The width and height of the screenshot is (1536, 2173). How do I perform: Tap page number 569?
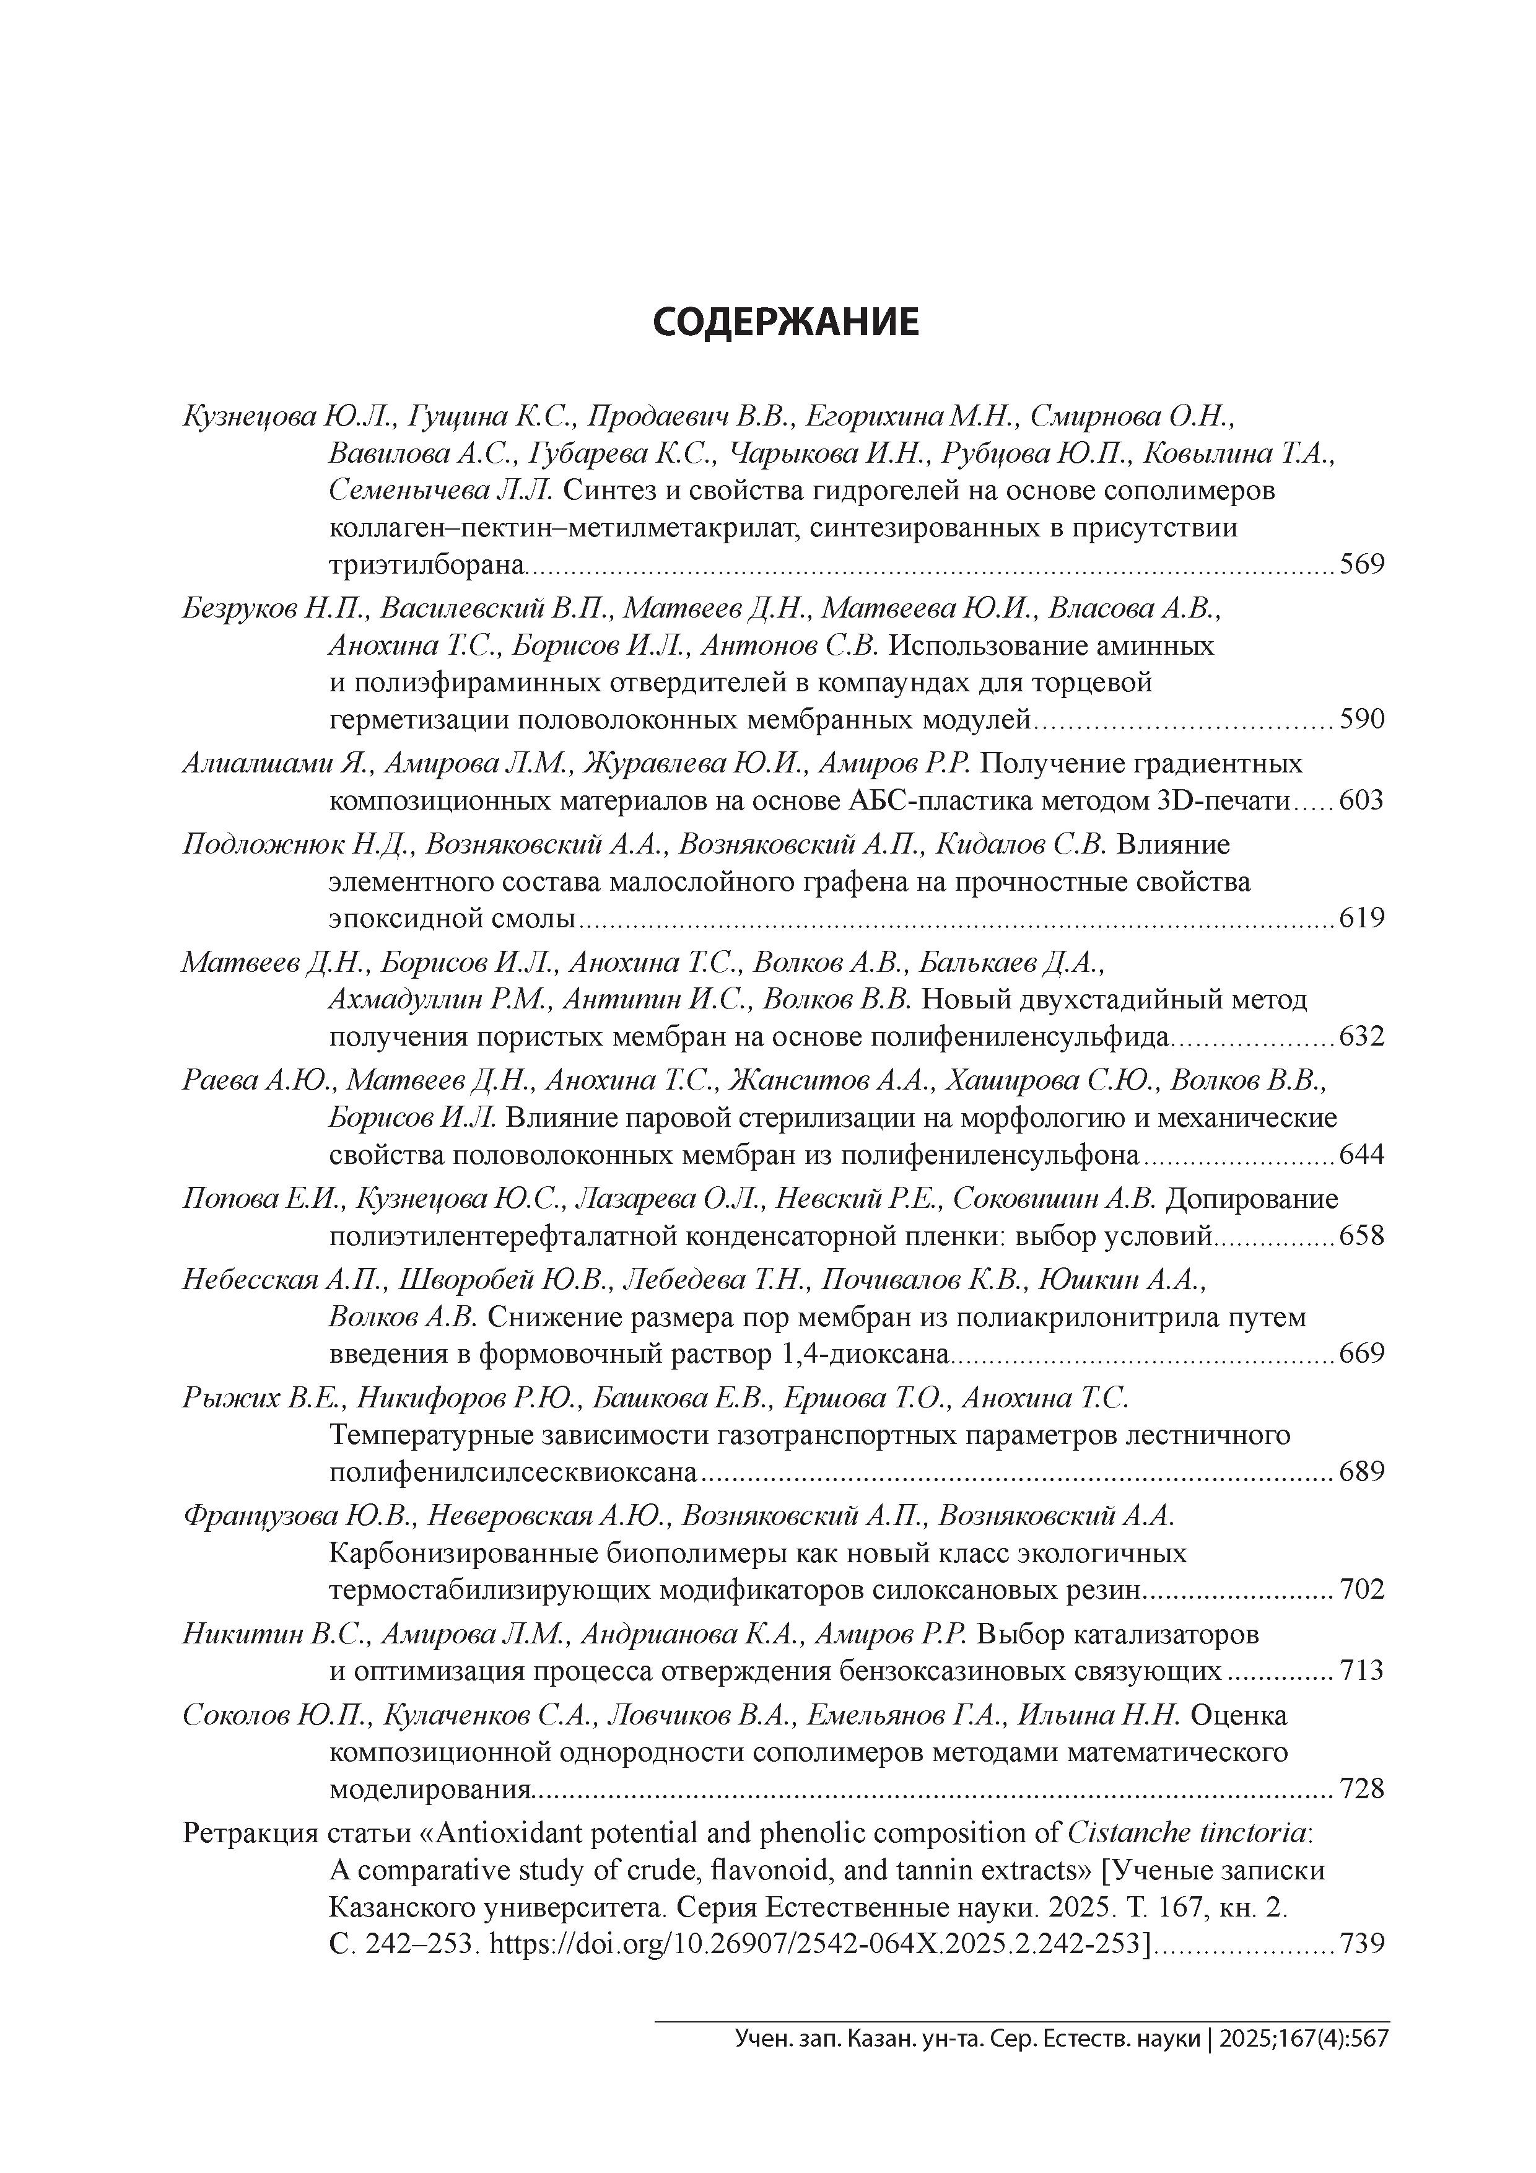click(x=1362, y=565)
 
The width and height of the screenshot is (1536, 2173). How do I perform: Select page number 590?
click(x=1362, y=720)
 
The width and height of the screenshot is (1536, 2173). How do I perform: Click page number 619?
click(x=1362, y=918)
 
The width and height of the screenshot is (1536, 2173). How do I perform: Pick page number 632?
click(x=1362, y=1036)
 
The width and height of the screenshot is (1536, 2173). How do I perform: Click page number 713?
click(x=1362, y=1671)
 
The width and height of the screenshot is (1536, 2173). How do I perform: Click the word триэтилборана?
click(x=426, y=565)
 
